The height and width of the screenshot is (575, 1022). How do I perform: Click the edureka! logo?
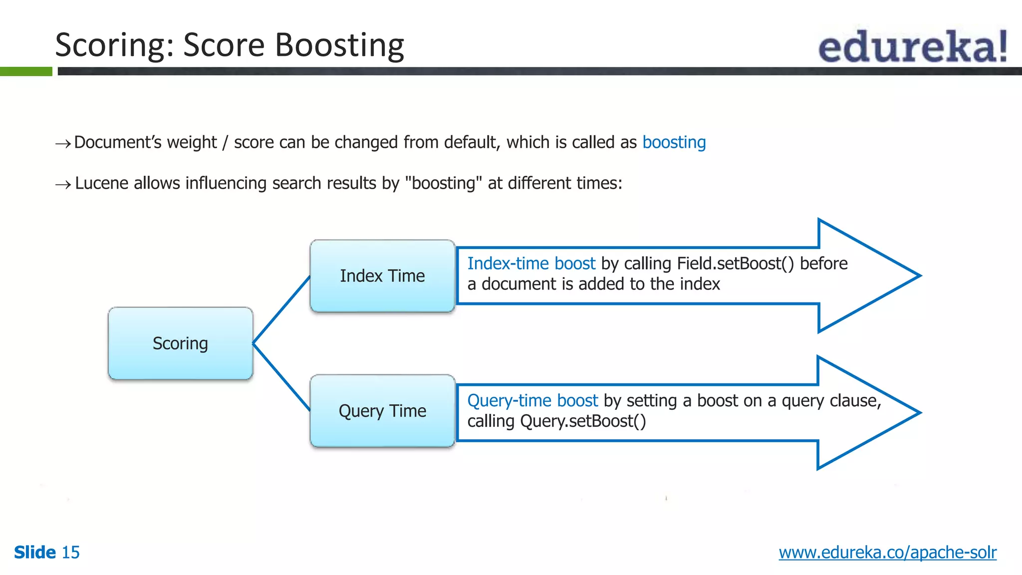coord(912,46)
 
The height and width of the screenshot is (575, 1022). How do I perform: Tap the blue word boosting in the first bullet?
coord(674,143)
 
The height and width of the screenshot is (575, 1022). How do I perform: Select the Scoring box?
coord(180,343)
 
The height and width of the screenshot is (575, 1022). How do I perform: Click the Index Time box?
coord(382,276)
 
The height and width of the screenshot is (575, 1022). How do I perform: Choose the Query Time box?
coord(382,411)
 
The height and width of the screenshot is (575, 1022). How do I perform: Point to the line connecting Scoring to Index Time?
coord(281,310)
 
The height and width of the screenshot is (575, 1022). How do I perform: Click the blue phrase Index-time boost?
coord(531,264)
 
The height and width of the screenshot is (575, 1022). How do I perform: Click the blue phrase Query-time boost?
coord(532,401)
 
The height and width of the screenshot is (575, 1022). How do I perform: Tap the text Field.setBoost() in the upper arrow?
coord(735,264)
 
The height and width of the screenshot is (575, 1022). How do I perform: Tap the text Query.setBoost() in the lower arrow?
coord(583,421)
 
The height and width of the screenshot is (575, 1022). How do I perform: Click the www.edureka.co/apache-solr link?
coord(887,553)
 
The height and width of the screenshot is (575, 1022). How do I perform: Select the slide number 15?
coord(70,553)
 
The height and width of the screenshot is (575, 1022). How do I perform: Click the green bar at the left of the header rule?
coord(26,71)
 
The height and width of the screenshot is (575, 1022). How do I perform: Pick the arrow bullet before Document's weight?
coord(63,144)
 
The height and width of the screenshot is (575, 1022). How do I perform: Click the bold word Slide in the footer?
coord(35,553)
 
